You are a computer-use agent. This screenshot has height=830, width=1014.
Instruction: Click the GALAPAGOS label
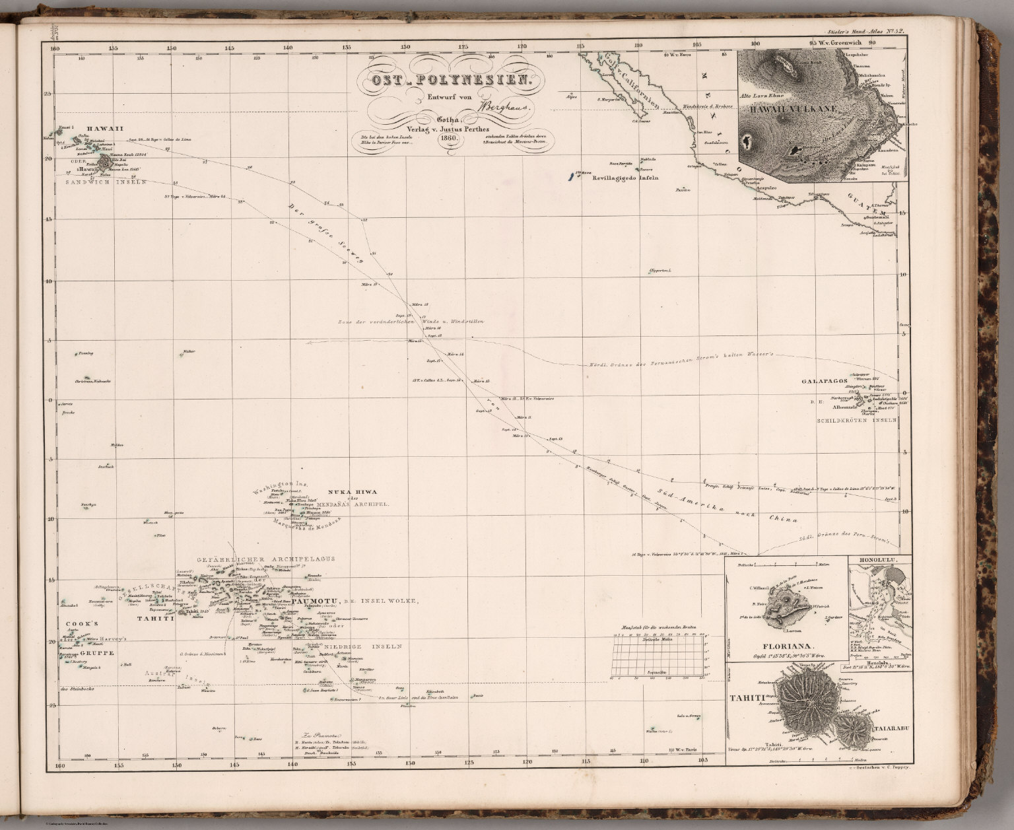point(823,381)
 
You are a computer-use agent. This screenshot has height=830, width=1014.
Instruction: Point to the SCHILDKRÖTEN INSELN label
point(856,420)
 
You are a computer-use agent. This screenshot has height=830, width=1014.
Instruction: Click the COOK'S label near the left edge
point(80,624)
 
